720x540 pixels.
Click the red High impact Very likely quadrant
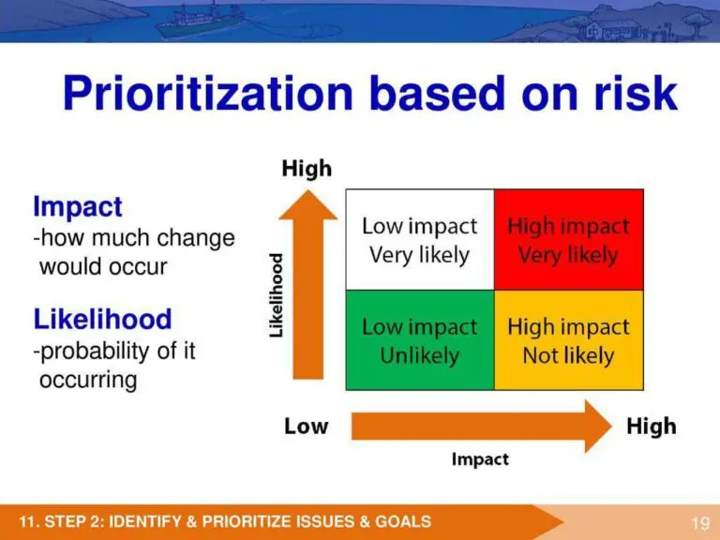pyautogui.click(x=569, y=239)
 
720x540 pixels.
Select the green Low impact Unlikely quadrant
pyautogui.click(x=419, y=340)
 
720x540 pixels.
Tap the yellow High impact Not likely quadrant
pyautogui.click(x=569, y=340)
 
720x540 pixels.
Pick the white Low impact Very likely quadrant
pyautogui.click(x=419, y=239)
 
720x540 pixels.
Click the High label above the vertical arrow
pyautogui.click(x=307, y=169)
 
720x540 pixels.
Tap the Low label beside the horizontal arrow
pyautogui.click(x=307, y=427)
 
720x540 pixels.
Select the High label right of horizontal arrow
pyautogui.click(x=651, y=427)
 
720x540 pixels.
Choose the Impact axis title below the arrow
pyautogui.click(x=480, y=459)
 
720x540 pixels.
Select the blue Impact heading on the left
pyautogui.click(x=78, y=206)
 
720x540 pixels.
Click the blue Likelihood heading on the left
pyautogui.click(x=103, y=320)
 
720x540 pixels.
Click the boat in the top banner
pyautogui.click(x=193, y=19)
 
